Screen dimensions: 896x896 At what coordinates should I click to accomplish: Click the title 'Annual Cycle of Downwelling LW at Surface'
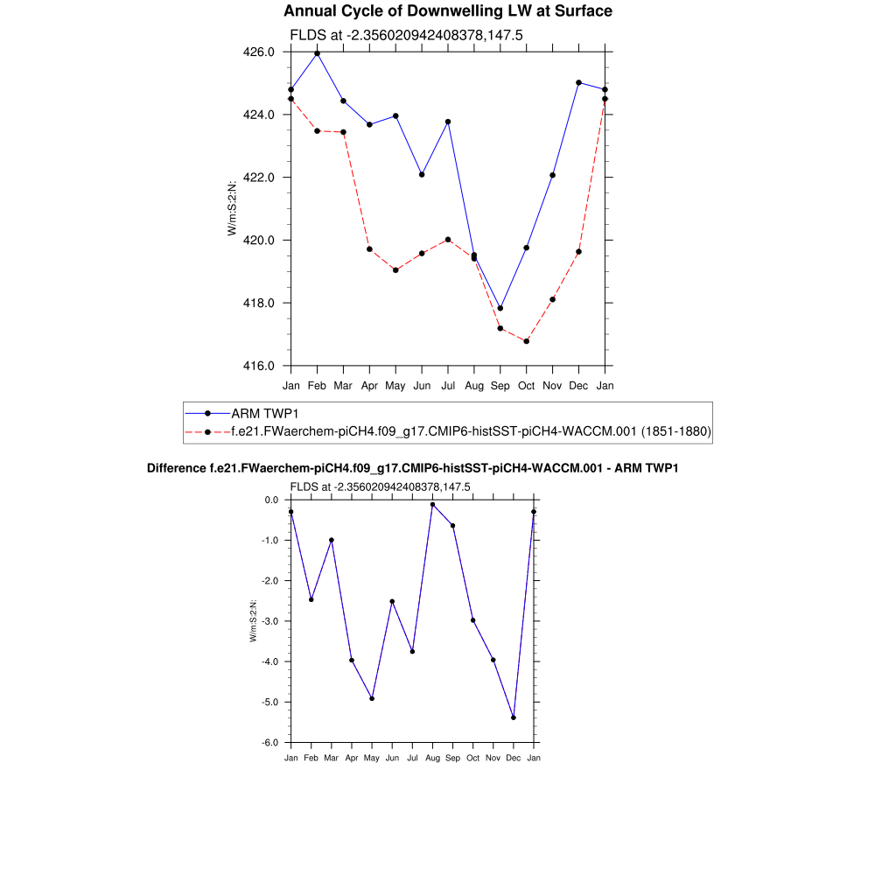pos(448,11)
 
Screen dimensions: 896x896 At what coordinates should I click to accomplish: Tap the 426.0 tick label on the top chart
pos(258,52)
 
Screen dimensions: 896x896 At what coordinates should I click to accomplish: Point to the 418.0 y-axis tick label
pos(258,304)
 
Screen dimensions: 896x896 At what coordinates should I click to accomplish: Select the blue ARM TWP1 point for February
pos(317,53)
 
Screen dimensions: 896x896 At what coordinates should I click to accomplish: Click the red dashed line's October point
pos(526,341)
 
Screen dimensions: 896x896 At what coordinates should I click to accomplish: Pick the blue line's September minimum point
pos(500,308)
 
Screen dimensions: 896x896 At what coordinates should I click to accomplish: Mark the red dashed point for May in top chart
pos(395,270)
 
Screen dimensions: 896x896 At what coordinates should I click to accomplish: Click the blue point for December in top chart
pos(578,82)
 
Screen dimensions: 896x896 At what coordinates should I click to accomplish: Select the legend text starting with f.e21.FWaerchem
pos(471,431)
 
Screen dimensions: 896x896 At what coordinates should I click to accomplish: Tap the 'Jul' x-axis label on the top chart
pos(448,385)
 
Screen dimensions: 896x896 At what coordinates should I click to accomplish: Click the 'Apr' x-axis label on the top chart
pos(369,385)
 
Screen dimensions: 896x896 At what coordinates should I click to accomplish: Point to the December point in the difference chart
pos(514,717)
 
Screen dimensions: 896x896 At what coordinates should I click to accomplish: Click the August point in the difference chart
pos(432,505)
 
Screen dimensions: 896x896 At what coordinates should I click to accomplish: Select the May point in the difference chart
pos(372,698)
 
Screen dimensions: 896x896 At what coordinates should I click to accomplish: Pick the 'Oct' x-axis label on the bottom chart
pos(472,758)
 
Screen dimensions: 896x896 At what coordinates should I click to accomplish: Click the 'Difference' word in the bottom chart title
pos(177,469)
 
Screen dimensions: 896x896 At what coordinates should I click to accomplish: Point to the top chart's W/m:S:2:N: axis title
pos(233,207)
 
